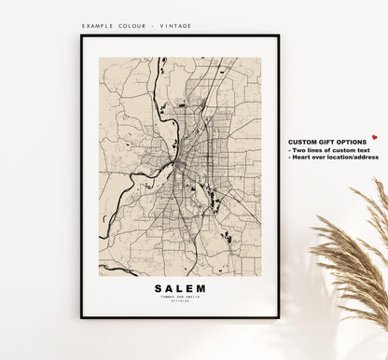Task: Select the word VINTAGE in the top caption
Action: (x=174, y=26)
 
